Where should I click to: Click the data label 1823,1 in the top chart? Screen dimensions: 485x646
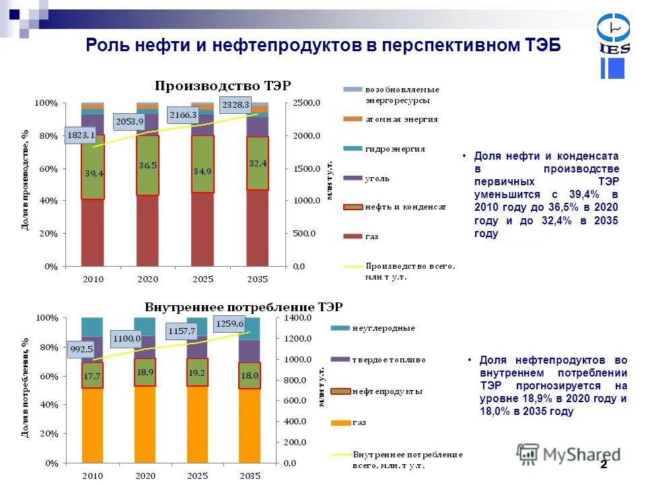81,135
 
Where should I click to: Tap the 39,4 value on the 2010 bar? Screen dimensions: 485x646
94,173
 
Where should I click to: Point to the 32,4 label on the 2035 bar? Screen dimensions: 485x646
258,162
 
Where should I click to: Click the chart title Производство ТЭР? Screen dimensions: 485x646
223,86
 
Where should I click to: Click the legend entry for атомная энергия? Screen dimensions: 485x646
402,119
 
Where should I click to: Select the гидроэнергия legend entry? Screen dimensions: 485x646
395,149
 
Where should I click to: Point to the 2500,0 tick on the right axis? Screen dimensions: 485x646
306,103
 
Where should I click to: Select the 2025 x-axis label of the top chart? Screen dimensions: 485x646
203,279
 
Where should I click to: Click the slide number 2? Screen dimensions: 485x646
604,465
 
